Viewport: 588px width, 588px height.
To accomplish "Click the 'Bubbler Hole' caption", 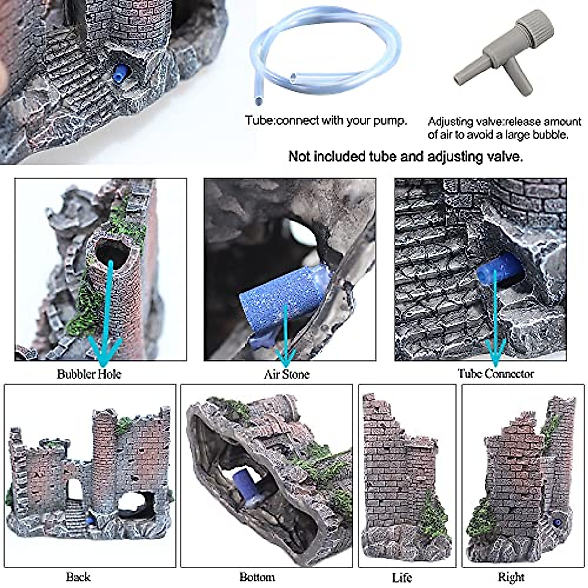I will tap(89, 374).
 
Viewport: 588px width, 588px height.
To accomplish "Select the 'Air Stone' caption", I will tap(287, 375).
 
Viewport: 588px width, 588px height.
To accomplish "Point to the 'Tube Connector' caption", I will tap(495, 374).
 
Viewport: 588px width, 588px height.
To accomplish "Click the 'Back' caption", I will tap(78, 577).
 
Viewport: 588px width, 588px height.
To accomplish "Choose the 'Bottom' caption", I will tap(257, 577).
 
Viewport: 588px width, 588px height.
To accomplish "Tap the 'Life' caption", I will tap(402, 577).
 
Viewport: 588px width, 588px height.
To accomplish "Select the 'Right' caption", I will tap(511, 577).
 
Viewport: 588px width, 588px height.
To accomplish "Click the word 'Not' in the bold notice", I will tap(299, 157).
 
